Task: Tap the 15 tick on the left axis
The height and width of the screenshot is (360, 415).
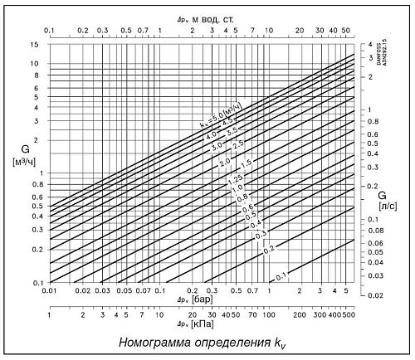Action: (36, 44)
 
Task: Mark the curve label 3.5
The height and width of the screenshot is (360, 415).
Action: (232, 130)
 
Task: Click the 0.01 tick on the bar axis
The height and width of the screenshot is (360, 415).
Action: (51, 291)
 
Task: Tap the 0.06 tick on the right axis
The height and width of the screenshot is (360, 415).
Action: (374, 243)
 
